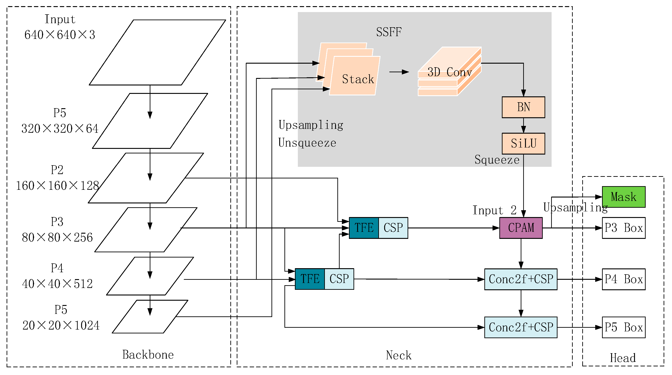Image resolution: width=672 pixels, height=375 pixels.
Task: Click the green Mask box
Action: (x=623, y=197)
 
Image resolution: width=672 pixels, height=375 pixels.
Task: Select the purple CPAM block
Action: (x=521, y=228)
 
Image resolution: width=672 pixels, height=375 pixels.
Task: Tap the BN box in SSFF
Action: (x=523, y=107)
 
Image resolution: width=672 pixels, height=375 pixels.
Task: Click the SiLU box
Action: (x=523, y=144)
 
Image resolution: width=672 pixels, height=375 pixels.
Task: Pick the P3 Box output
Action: (x=623, y=228)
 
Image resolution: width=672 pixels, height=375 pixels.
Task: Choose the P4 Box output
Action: (x=623, y=279)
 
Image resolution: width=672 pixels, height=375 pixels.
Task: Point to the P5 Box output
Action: (x=623, y=327)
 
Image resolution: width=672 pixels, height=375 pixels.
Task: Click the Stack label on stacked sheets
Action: (x=358, y=79)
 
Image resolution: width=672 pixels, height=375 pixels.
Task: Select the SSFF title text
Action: (x=388, y=32)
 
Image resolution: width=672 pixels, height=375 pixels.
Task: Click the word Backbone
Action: (x=148, y=355)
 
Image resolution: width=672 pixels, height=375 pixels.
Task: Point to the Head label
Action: (x=622, y=358)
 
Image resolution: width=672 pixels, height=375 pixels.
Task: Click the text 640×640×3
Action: (x=60, y=35)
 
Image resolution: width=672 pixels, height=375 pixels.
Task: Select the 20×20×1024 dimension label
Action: (x=61, y=325)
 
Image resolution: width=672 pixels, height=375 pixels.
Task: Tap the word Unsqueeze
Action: (x=307, y=143)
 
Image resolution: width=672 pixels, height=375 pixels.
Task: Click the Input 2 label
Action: (x=494, y=210)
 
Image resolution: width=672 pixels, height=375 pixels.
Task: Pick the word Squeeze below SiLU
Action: (x=497, y=160)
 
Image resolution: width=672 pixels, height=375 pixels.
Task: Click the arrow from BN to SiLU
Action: (x=523, y=125)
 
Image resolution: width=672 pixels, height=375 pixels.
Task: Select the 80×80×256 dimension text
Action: (x=57, y=237)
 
